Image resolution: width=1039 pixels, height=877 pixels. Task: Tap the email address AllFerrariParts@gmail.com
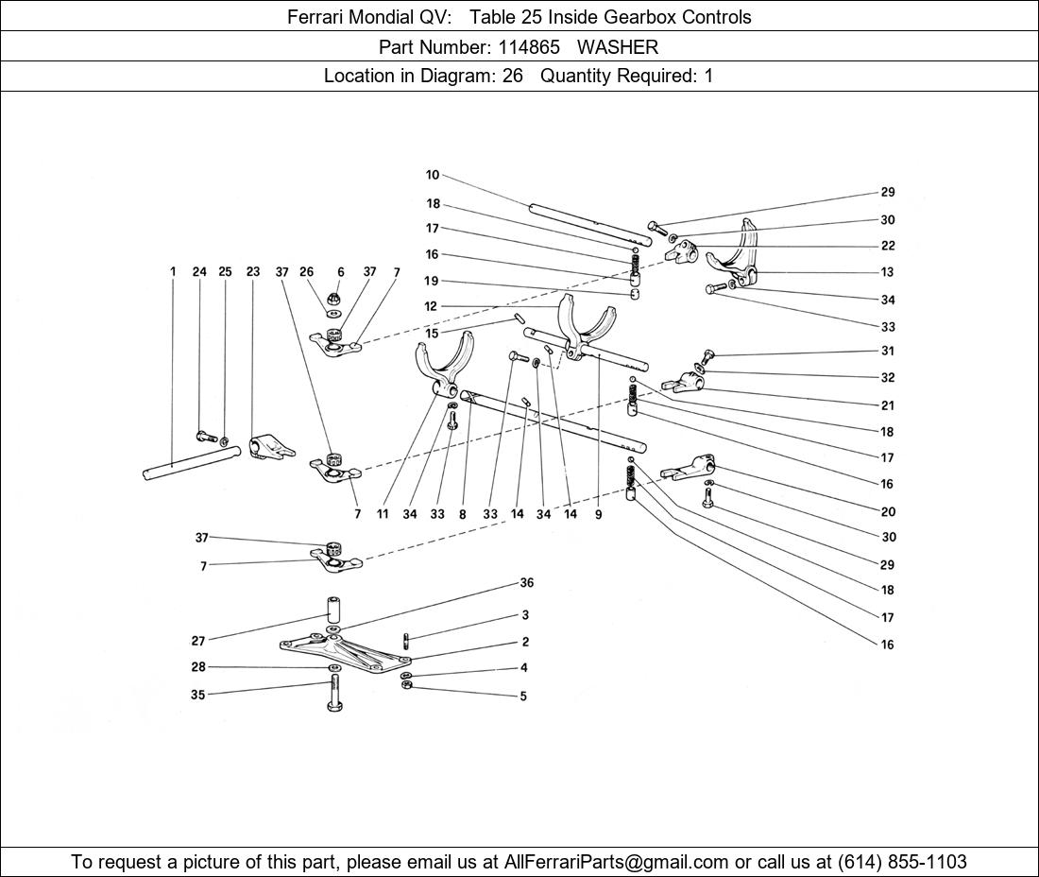(x=617, y=862)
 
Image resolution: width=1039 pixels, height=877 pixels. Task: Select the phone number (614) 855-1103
(x=902, y=862)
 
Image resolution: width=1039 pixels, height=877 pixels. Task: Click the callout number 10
(x=433, y=175)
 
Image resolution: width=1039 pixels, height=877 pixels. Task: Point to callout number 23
(x=253, y=272)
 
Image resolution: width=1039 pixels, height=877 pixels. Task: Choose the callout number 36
(x=527, y=583)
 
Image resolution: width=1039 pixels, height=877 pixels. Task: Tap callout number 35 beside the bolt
(x=197, y=696)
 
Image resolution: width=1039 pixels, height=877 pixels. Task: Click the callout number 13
(x=887, y=272)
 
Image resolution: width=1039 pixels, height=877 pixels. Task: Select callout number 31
(x=887, y=351)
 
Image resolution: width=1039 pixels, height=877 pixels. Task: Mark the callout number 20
(x=887, y=511)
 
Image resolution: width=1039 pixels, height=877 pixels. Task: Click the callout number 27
(x=198, y=641)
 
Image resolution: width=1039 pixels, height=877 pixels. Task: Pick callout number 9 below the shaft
(x=598, y=515)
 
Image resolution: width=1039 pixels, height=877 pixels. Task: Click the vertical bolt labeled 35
(x=334, y=693)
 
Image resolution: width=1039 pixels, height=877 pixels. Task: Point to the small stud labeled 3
(x=406, y=640)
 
